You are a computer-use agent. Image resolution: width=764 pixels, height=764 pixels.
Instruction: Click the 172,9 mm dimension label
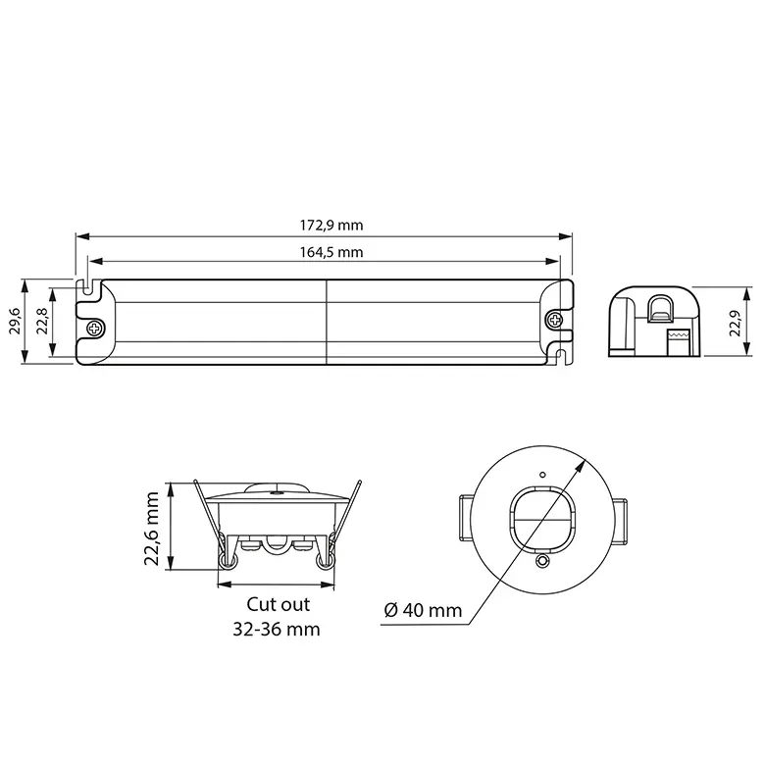click(x=331, y=226)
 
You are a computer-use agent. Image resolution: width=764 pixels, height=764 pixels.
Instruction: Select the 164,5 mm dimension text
click(x=331, y=252)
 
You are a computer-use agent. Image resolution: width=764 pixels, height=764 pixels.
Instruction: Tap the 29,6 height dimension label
click(x=15, y=321)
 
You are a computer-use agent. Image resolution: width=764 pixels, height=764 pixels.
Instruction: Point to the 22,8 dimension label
click(x=42, y=321)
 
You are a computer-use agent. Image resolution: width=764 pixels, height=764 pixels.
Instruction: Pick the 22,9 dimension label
click(x=735, y=323)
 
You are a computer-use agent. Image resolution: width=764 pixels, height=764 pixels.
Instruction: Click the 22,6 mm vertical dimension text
click(x=152, y=529)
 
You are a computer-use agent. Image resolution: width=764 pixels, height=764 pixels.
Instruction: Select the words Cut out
click(x=279, y=604)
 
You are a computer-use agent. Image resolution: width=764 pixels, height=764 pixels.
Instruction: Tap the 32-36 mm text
click(x=277, y=629)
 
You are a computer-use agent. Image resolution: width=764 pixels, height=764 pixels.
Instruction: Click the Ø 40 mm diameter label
click(x=423, y=610)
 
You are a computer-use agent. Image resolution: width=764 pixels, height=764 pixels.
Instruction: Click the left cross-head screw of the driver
click(x=96, y=328)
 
